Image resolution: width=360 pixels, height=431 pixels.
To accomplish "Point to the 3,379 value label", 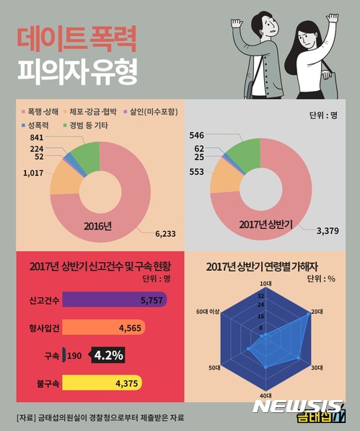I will coord(325,232).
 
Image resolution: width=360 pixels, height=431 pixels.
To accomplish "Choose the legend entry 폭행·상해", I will coord(43,111).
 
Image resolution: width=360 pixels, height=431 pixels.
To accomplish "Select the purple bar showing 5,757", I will coord(115,298).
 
